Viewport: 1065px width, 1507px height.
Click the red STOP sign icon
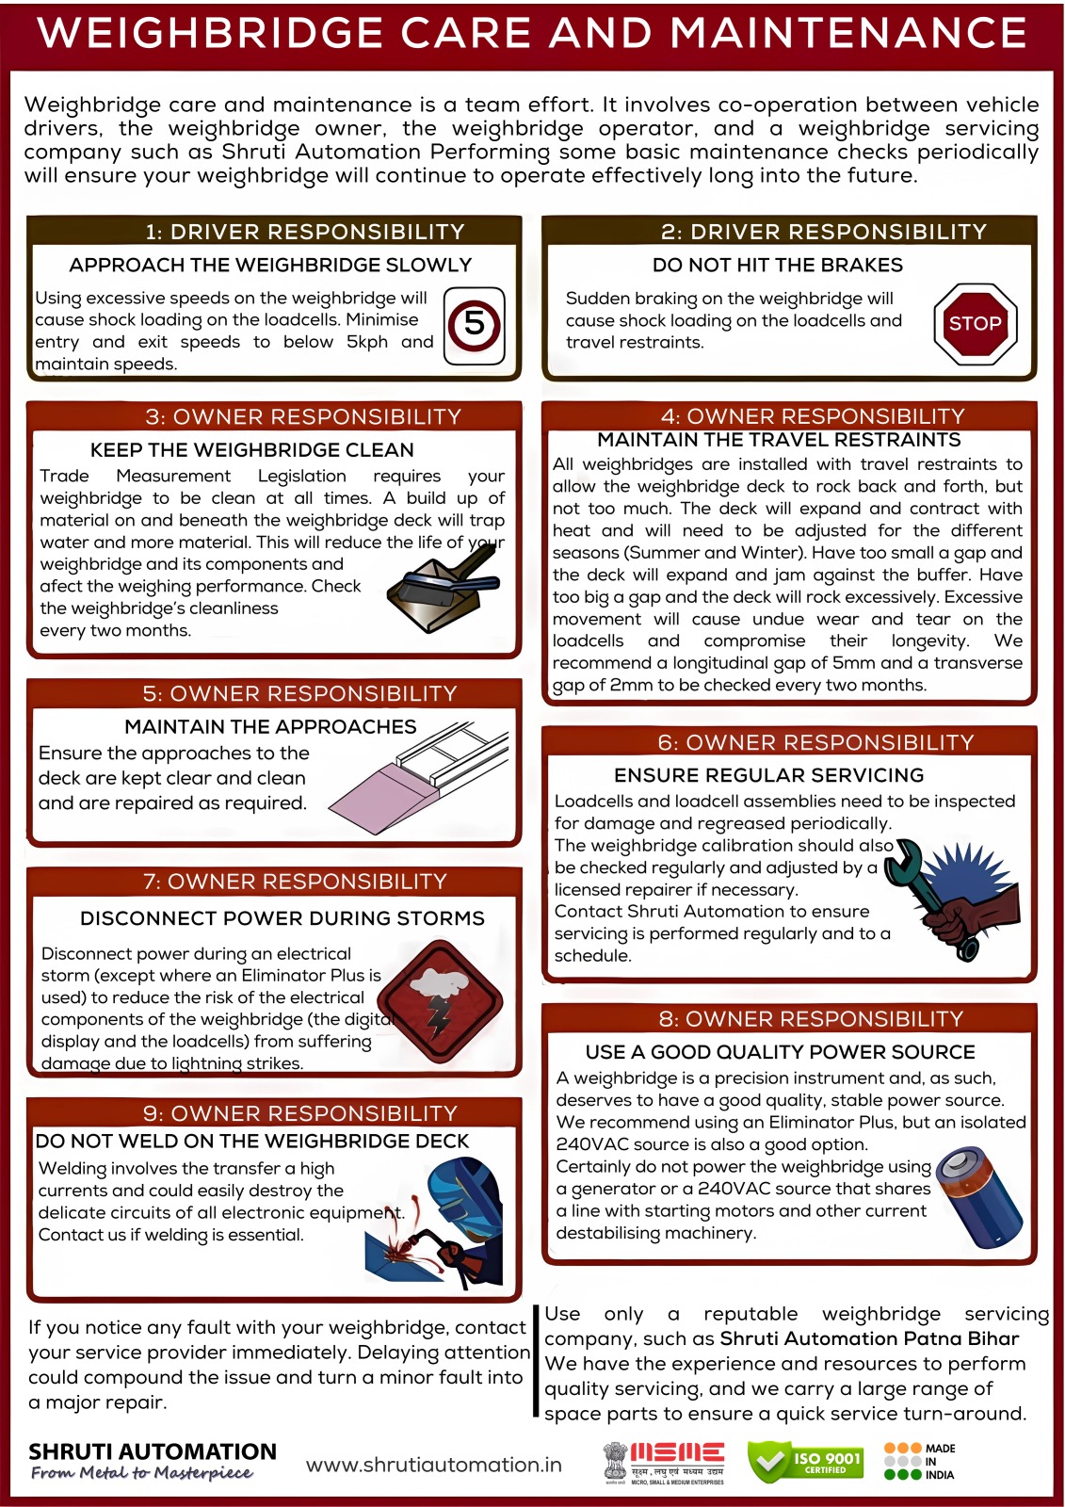click(975, 324)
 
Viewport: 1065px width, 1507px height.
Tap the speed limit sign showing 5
click(475, 326)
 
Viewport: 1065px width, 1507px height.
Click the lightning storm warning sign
click(444, 1002)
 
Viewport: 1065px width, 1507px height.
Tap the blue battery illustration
click(979, 1197)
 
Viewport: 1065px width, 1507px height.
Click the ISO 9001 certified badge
click(805, 1462)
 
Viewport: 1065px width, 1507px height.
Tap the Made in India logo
click(919, 1461)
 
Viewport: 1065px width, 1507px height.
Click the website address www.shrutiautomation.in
click(434, 1466)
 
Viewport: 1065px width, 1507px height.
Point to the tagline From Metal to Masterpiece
click(142, 1473)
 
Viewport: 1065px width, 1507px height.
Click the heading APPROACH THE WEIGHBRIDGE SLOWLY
click(270, 265)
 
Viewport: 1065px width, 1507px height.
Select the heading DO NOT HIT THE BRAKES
click(778, 265)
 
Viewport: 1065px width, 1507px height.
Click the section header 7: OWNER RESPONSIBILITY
click(295, 882)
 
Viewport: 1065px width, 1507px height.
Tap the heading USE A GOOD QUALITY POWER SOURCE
click(781, 1052)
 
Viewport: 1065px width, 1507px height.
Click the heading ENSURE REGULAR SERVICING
click(769, 776)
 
